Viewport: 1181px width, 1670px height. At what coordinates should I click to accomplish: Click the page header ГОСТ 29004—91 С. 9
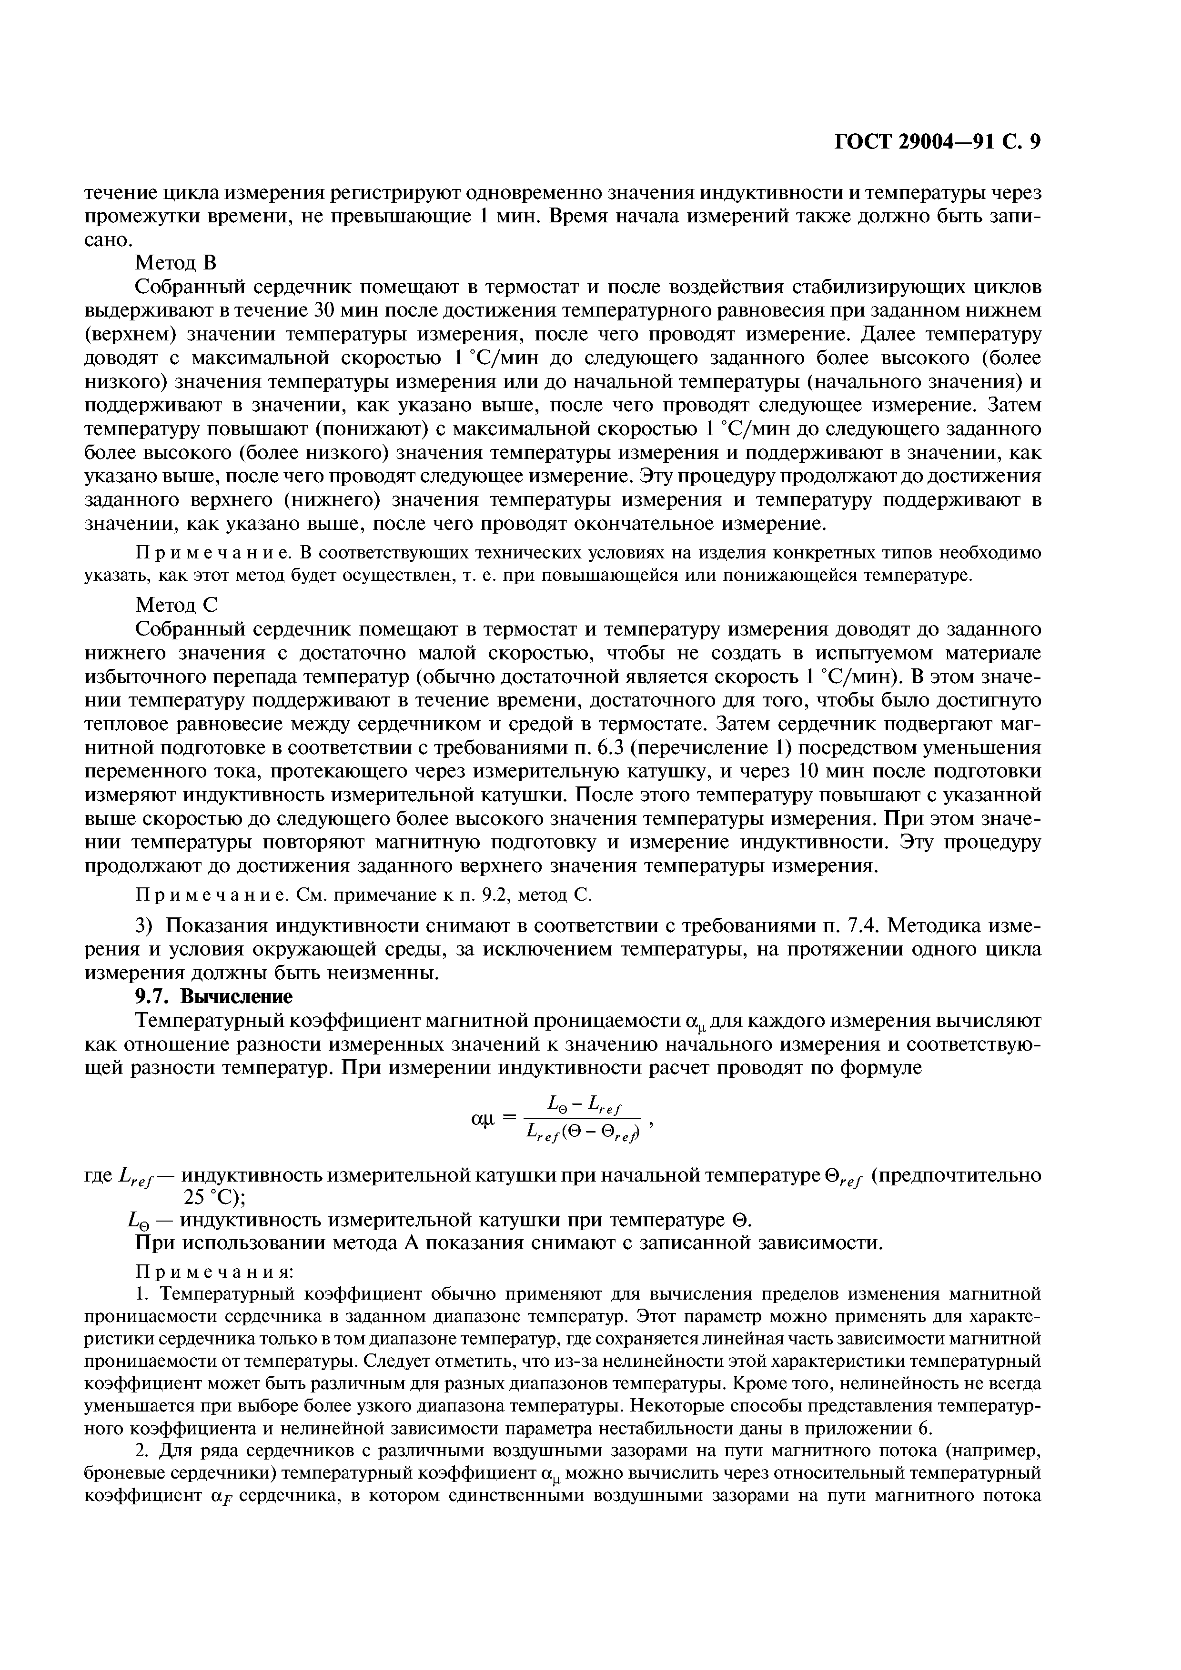coord(937,142)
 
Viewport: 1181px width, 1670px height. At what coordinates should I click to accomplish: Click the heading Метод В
coord(177,263)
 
